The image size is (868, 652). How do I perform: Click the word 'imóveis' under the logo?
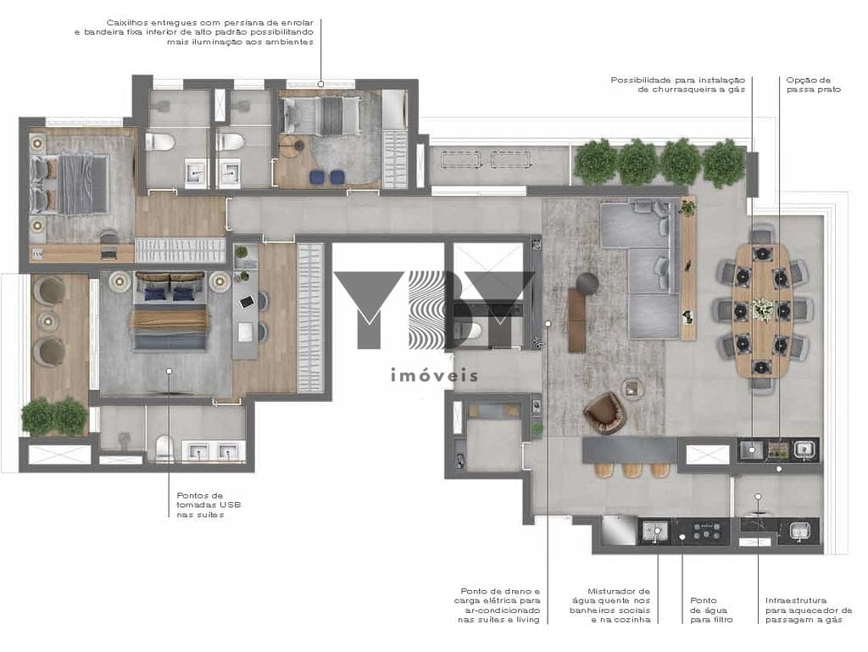[434, 376]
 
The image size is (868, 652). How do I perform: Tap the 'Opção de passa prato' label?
[813, 85]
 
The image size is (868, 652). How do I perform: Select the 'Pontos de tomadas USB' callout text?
[209, 504]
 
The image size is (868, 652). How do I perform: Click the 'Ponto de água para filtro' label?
[711, 610]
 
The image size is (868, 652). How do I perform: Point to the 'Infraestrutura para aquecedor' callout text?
[809, 610]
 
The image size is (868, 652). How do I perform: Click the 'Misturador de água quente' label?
[610, 605]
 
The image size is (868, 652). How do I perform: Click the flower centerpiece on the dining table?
[762, 309]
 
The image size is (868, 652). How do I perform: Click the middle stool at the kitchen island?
[632, 470]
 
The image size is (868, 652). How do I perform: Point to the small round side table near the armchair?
[632, 388]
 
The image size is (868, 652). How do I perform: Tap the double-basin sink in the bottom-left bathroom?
[213, 450]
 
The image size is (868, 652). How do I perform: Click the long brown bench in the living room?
[576, 320]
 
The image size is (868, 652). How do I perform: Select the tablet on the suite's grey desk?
[247, 302]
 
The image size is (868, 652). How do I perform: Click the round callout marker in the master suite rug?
[169, 371]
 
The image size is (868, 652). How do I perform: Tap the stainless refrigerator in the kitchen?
[618, 530]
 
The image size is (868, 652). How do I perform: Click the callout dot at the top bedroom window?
[320, 84]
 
